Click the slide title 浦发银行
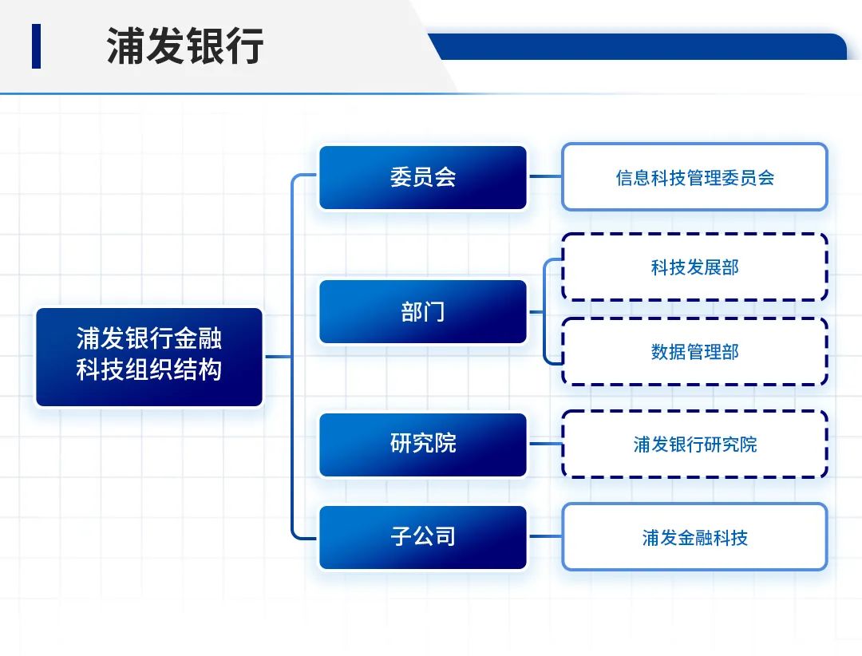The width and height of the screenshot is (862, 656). coord(185,46)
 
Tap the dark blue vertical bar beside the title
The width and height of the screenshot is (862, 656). coord(36,46)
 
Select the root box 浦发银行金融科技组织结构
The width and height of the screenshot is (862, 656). coord(149,357)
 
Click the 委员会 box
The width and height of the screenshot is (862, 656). coord(423,177)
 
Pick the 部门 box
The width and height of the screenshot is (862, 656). coord(423,311)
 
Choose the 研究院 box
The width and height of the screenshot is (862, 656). coord(423,445)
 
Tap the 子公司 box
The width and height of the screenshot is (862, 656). coord(423,537)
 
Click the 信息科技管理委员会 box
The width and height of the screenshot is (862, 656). coord(694,177)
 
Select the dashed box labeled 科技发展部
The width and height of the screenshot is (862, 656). coord(694,267)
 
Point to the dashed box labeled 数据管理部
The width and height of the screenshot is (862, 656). coord(694,352)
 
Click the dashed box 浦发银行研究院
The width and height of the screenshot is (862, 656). coord(694,445)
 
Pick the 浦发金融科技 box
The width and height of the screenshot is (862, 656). coord(694,537)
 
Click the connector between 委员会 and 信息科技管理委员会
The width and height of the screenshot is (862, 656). coord(545,177)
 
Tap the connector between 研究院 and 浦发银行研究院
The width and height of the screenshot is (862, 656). coord(545,445)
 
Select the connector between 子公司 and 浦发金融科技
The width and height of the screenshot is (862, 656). coord(545,537)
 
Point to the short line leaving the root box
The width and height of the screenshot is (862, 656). coord(278,357)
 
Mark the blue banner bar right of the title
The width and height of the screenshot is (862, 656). coord(639,47)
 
